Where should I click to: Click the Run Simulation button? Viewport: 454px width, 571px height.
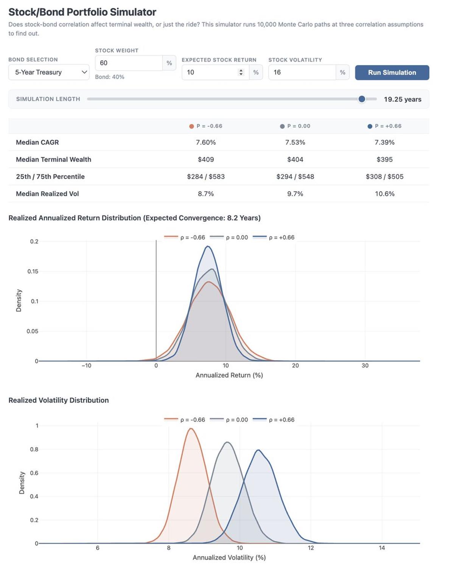point(392,73)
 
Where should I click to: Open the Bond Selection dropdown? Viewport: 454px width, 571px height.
point(49,72)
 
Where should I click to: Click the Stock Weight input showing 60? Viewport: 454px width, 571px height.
point(129,63)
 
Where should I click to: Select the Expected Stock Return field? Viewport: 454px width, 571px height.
point(212,72)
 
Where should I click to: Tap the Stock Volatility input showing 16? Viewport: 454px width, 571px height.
point(302,72)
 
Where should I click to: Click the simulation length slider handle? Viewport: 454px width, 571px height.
point(362,99)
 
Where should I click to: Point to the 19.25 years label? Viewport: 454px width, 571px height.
point(402,100)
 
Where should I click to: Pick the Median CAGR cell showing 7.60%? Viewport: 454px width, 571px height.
point(206,142)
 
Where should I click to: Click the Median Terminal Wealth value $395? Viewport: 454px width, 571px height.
point(384,159)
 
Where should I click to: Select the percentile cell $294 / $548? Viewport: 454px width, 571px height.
point(295,177)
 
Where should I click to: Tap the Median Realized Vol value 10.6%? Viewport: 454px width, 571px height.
point(384,194)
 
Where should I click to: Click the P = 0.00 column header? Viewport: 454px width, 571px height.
point(295,126)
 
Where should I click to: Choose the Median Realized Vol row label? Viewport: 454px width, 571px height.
point(47,194)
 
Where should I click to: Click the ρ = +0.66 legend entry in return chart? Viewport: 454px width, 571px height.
point(274,238)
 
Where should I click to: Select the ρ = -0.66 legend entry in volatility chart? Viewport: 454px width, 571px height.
point(185,420)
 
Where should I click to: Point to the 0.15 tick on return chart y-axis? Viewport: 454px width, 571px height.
point(33,271)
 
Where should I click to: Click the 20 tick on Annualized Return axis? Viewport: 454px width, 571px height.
point(295,366)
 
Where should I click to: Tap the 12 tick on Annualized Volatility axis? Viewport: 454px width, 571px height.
point(311,548)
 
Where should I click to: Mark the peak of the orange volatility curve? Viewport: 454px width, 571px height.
point(191,429)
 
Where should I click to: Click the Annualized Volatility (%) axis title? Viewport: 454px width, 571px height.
point(229,557)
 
